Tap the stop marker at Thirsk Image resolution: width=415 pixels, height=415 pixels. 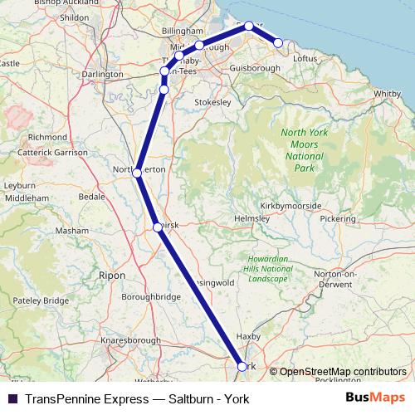(158, 227)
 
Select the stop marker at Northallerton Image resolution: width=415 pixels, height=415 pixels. (137, 173)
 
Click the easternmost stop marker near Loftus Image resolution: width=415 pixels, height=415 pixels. (278, 42)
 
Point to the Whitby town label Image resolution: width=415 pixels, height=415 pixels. (388, 95)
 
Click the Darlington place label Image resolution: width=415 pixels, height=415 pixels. (103, 74)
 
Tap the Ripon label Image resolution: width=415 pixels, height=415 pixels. (111, 275)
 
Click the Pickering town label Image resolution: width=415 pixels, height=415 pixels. (337, 218)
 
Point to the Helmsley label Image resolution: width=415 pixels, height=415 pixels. (253, 218)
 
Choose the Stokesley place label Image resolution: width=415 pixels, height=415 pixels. (212, 102)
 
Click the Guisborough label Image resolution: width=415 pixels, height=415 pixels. (256, 67)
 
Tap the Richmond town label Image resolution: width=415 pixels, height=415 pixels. (47, 136)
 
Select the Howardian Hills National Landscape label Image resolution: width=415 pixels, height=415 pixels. (269, 269)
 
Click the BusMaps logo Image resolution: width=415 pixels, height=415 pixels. (376, 398)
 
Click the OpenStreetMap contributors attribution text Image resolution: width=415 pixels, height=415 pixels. (343, 372)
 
